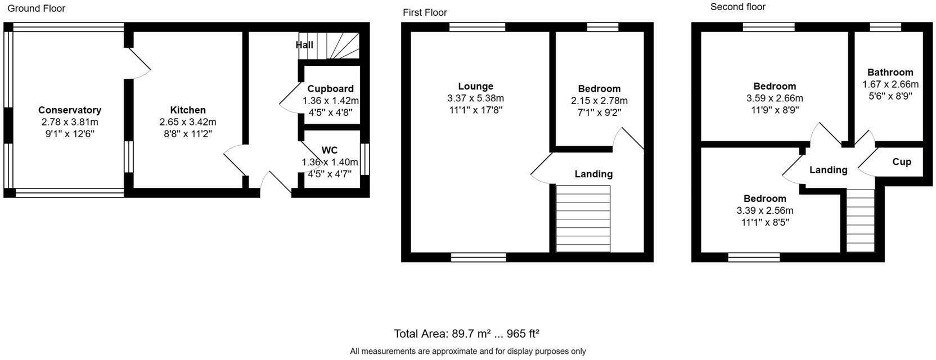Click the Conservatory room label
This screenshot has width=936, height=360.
[70, 110]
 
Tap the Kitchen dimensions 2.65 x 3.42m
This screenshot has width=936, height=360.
[188, 122]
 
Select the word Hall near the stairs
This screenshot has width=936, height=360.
[304, 45]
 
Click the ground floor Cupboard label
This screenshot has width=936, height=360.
[330, 89]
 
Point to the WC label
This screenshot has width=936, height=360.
[330, 150]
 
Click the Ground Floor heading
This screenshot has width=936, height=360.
[37, 8]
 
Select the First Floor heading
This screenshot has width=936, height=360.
[425, 12]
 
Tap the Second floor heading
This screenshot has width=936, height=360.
[737, 7]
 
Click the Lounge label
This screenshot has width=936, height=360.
[475, 86]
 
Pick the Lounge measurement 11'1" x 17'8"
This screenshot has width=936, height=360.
[475, 110]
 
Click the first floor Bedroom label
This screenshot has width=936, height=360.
[599, 89]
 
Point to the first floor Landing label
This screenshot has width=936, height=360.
[593, 174]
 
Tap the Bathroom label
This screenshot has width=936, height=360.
[890, 72]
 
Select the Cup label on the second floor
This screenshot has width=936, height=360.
[902, 162]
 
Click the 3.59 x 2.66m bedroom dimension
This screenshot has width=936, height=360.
[775, 98]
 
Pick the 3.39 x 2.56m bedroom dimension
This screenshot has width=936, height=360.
[764, 211]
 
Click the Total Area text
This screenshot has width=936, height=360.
[466, 334]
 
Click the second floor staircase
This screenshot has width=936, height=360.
[861, 220]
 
